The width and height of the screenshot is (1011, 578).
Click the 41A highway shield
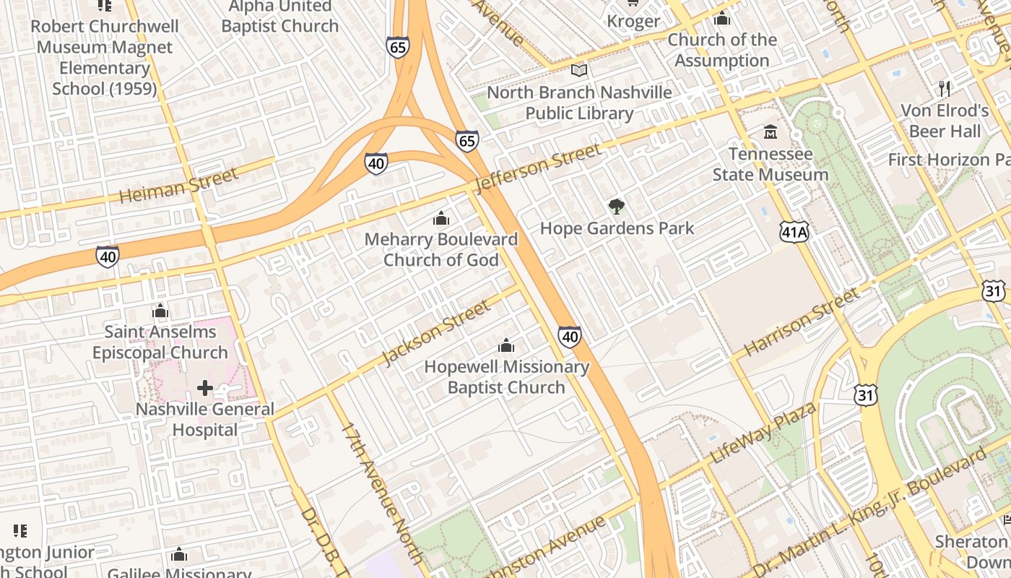(x=794, y=232)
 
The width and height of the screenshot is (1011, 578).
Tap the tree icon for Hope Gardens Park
(x=616, y=207)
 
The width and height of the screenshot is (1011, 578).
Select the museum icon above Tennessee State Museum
(x=771, y=132)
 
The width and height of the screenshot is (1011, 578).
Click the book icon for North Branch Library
(x=579, y=71)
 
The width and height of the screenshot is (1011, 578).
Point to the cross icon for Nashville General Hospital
(x=205, y=388)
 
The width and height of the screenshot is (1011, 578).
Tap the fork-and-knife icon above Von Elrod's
(x=945, y=89)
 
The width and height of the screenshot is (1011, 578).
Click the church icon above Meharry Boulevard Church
(x=441, y=218)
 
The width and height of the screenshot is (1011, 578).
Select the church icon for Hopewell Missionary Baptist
(x=506, y=345)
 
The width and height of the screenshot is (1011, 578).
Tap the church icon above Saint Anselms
(x=160, y=311)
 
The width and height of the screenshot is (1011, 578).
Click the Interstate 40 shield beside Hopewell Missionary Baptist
(x=569, y=336)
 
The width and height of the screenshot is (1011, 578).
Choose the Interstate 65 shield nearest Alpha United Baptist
(x=397, y=48)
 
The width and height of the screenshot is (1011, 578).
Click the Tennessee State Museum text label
(x=771, y=165)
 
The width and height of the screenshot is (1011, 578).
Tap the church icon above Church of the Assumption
(x=721, y=19)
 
